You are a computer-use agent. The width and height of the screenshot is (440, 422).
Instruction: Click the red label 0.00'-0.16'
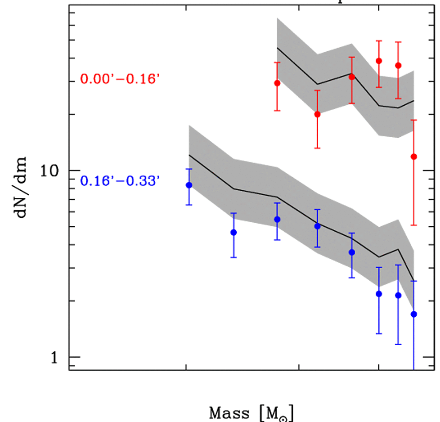point(120,79)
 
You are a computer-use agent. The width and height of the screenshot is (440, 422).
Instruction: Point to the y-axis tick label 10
point(50,171)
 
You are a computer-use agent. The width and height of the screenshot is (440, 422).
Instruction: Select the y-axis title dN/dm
point(22,187)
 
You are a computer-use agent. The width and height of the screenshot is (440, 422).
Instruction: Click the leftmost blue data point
point(189,185)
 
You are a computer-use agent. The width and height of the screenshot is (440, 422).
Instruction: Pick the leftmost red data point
point(277,83)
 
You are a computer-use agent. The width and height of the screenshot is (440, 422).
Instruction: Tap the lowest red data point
point(413,157)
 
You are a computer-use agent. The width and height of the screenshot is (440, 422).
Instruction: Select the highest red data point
point(379,61)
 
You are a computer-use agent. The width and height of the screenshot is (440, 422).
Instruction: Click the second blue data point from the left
point(233,232)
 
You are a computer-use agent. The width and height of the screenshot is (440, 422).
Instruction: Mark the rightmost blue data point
point(413,314)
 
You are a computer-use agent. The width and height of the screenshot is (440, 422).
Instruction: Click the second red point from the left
point(317,114)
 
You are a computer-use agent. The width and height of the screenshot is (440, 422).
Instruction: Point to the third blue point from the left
point(277,219)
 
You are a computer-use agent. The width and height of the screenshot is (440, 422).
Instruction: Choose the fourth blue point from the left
point(317,226)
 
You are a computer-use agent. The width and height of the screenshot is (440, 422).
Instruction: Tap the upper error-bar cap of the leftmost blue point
point(189,169)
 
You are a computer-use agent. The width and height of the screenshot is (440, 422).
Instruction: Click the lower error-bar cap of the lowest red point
point(413,225)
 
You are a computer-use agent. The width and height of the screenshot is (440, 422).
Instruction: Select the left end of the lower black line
point(189,155)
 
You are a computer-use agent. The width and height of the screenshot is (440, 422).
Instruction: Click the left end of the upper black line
point(277,47)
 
